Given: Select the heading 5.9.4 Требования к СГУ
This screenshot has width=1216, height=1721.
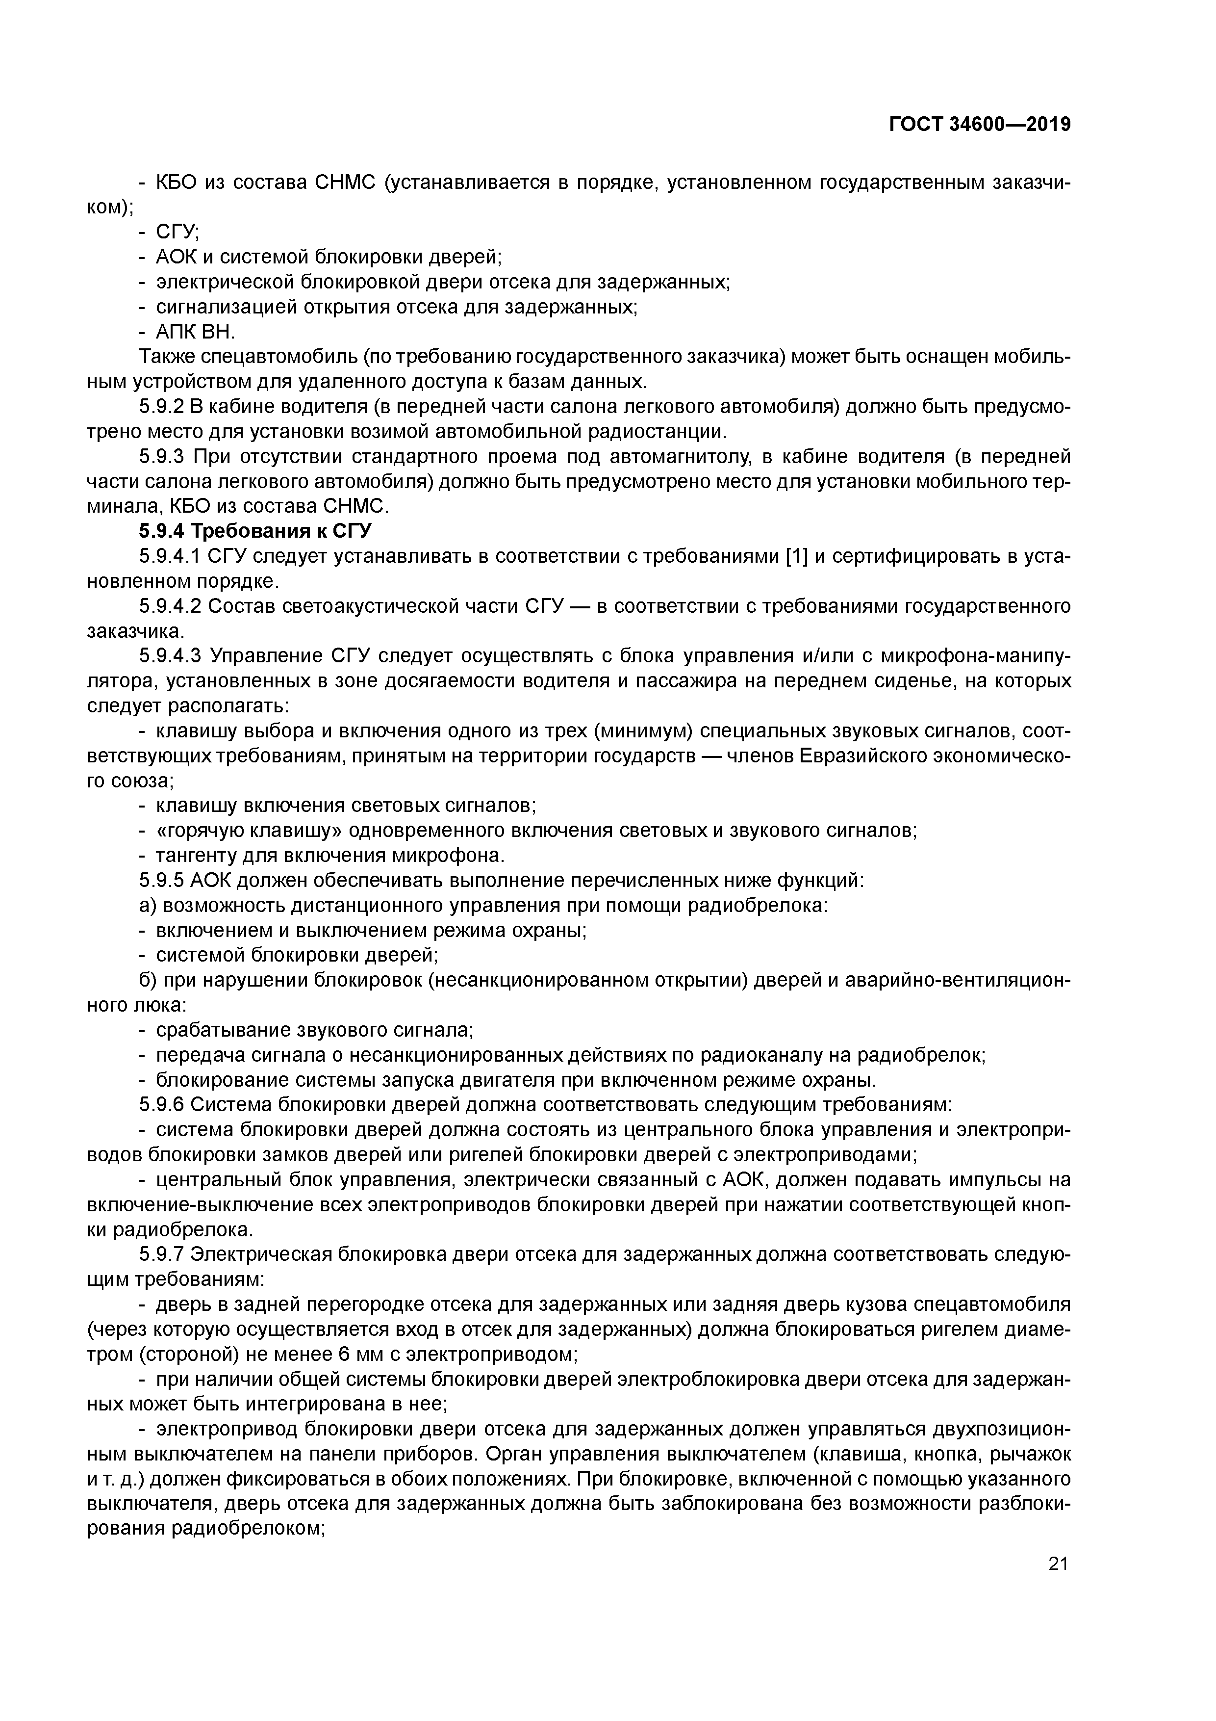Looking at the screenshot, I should (x=255, y=531).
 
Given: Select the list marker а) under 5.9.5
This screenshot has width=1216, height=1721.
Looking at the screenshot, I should (x=147, y=906).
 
